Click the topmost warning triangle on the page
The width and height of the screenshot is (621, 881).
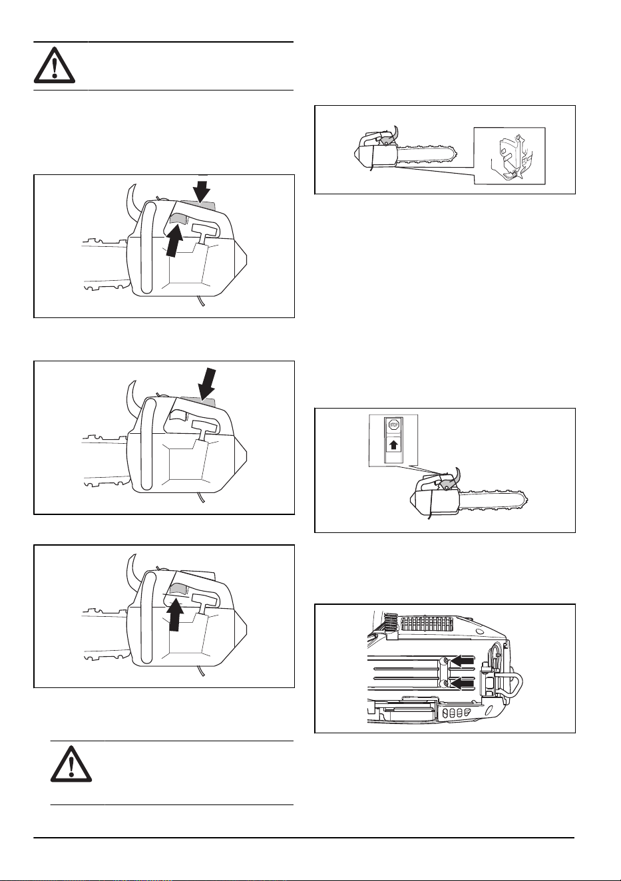click(x=55, y=65)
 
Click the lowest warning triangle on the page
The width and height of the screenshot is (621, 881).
click(x=71, y=763)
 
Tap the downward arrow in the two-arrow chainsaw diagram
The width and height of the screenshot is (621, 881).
click(x=202, y=191)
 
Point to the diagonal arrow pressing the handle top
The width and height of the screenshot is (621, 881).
click(x=206, y=384)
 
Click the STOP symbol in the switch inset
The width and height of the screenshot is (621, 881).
click(x=393, y=425)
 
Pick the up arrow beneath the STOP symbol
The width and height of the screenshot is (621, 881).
click(x=393, y=445)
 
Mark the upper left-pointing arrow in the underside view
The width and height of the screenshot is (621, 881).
click(x=462, y=661)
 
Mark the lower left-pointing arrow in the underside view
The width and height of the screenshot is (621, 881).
click(x=462, y=684)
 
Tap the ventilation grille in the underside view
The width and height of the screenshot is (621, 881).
click(x=427, y=623)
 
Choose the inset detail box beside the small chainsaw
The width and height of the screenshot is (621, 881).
click(x=509, y=156)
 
